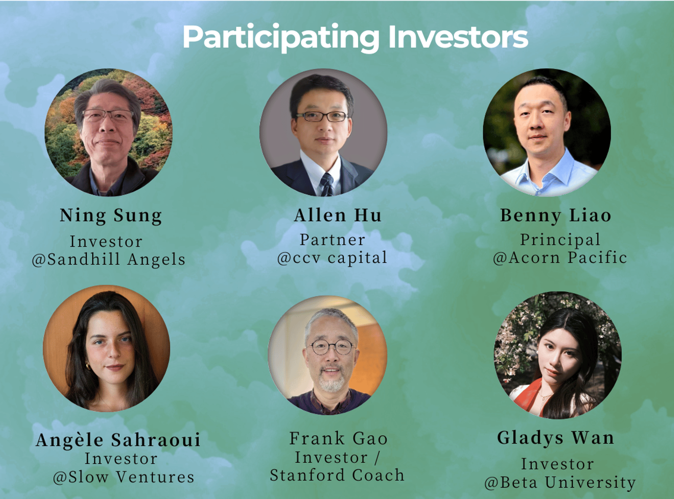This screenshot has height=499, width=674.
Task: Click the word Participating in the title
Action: point(281,38)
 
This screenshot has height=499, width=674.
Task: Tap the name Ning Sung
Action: point(111,216)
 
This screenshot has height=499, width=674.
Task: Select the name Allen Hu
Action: point(337,215)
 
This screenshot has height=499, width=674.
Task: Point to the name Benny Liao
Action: point(556,216)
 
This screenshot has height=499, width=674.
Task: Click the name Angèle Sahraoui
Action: point(118,440)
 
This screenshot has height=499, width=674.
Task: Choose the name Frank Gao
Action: point(338,438)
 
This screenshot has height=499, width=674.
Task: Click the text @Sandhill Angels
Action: point(109,260)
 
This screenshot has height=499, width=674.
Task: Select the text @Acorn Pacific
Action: point(560,258)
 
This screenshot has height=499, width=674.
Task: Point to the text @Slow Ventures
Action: point(123,477)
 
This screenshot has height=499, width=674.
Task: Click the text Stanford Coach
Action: point(337,475)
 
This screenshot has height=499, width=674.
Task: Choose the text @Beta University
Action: point(560,483)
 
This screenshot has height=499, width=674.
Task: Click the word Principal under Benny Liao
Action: point(560,240)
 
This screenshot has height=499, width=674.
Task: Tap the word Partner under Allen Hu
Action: point(332,239)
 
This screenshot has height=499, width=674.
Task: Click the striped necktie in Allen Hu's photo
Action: point(327,184)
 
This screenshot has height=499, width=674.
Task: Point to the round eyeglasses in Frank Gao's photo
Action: point(332,348)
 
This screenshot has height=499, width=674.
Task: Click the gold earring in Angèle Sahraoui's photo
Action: point(88,366)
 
